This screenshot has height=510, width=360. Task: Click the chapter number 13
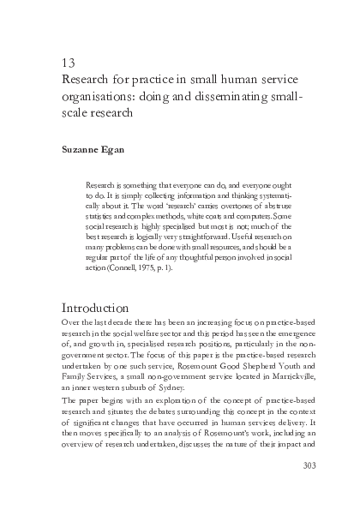(x=70, y=63)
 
